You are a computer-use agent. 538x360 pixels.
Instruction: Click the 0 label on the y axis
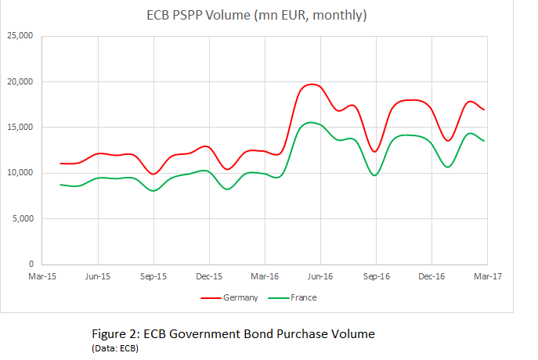click(29, 265)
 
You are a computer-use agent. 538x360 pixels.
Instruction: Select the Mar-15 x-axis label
click(42, 276)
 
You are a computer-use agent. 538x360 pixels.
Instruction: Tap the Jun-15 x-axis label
click(98, 276)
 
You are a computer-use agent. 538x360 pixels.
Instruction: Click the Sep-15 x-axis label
click(153, 276)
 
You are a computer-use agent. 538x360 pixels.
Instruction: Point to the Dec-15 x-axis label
click(209, 276)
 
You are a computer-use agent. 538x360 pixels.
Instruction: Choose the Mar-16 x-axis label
click(265, 276)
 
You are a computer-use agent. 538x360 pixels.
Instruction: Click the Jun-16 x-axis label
click(320, 276)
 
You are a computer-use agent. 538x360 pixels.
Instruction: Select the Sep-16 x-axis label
click(376, 276)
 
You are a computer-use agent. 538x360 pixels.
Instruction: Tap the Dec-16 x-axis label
click(431, 276)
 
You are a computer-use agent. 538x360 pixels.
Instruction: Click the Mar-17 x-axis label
click(487, 276)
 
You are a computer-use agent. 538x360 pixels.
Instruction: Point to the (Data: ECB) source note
click(115, 347)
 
